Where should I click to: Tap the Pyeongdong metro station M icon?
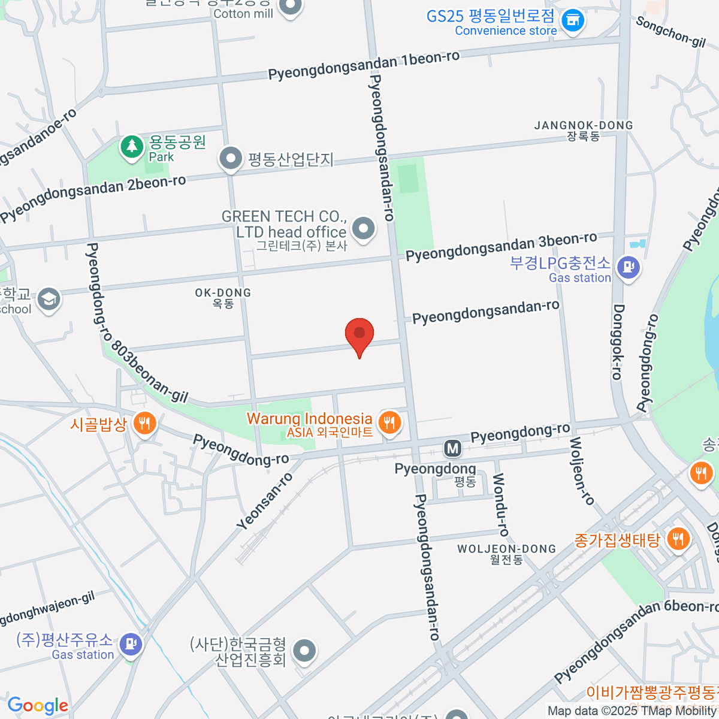452,448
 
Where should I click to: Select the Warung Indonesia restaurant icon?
390,422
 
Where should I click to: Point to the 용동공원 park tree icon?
131,146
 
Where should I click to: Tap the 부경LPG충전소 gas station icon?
628,267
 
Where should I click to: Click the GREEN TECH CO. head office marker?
363,229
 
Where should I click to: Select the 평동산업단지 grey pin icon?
230,159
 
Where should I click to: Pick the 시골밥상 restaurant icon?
144,424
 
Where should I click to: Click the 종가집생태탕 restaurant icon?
678,539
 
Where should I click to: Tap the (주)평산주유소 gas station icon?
131,645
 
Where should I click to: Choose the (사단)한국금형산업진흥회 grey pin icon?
304,651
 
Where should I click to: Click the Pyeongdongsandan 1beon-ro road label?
364,65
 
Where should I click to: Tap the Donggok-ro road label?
618,342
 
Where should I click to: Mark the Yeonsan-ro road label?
264,502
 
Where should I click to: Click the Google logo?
38,706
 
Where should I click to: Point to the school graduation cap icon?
49,300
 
